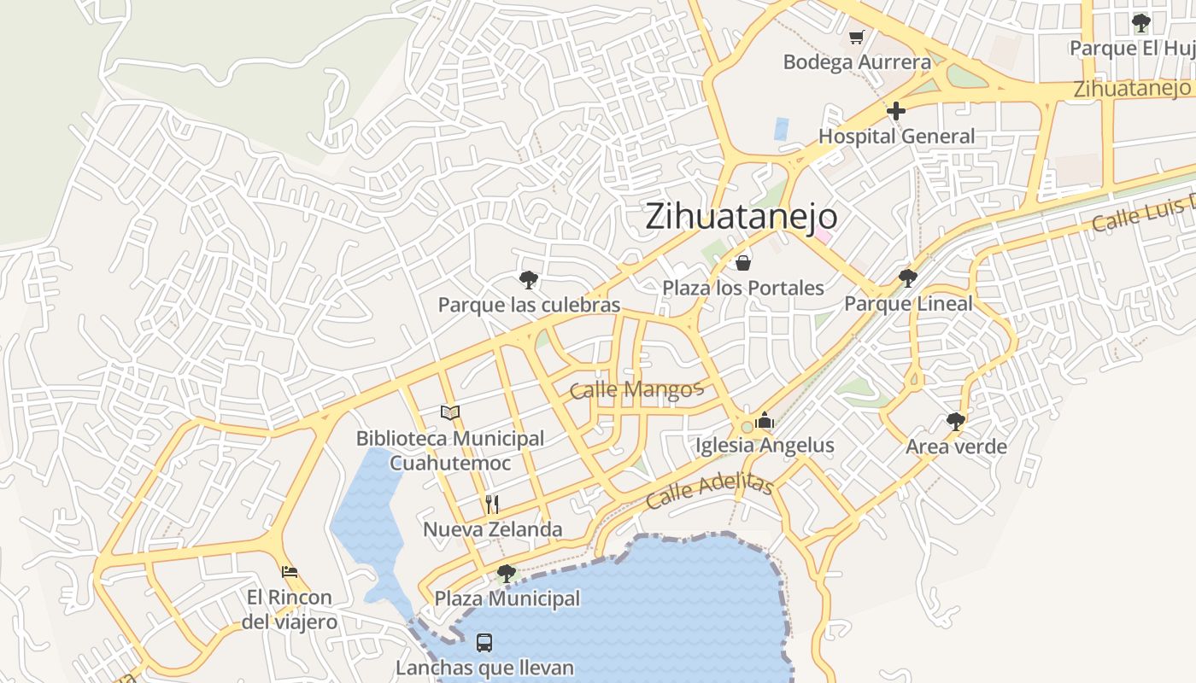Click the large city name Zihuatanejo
tap(741, 217)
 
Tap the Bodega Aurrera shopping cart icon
tap(856, 37)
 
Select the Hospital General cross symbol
tap(895, 111)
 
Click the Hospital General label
tap(896, 137)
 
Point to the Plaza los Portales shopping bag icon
tap(743, 262)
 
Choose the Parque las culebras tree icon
tap(529, 279)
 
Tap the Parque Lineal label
tap(908, 304)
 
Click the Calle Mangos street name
tap(636, 390)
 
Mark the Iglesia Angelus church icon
tap(765, 420)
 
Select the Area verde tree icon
tap(956, 421)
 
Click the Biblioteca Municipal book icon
tap(450, 413)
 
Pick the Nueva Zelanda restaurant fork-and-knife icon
tap(492, 504)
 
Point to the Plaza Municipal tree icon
tap(507, 573)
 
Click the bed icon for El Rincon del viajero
tap(290, 571)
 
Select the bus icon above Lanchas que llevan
tap(484, 642)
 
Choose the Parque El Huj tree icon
tap(1140, 23)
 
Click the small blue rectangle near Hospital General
tap(782, 129)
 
